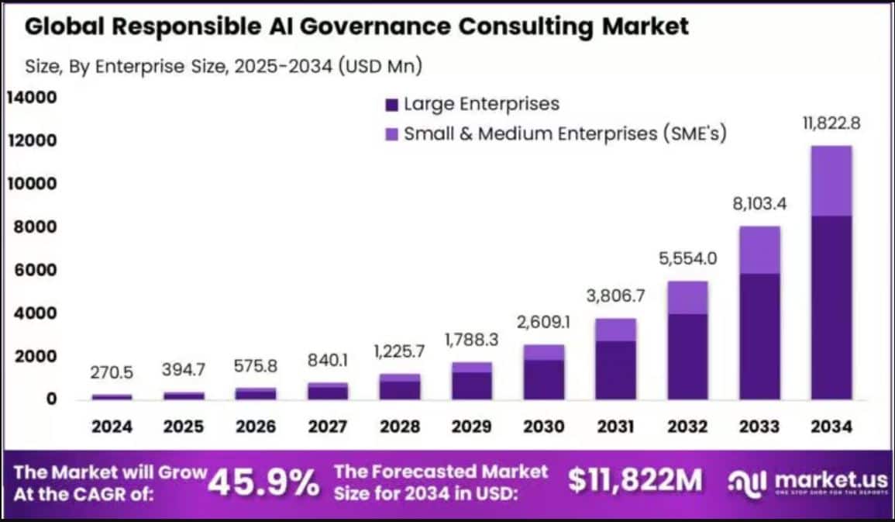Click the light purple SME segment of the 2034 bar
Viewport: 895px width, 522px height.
(831, 181)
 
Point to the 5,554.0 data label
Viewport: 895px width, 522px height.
(687, 259)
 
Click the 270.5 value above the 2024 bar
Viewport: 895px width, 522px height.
(112, 373)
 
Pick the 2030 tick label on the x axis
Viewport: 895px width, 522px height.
(545, 427)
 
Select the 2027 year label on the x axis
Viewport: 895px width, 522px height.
(328, 427)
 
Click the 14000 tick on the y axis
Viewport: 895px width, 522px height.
(32, 98)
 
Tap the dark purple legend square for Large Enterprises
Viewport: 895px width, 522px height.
(391, 104)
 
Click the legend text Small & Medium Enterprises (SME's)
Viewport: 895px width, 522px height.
(565, 133)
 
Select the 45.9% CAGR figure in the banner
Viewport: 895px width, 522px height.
(263, 483)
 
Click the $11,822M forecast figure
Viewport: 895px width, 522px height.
(635, 482)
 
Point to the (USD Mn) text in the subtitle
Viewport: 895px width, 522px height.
(380, 67)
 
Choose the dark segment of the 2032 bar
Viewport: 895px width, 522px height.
(687, 356)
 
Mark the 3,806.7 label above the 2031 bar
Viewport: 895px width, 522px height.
(616, 296)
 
